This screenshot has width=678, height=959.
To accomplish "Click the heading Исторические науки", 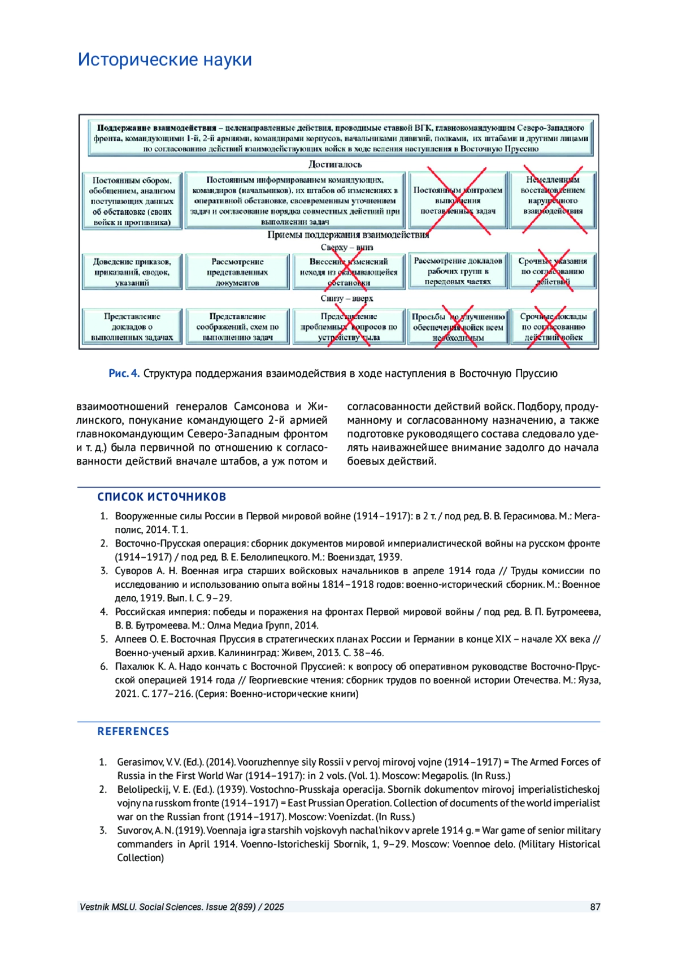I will point(164,59).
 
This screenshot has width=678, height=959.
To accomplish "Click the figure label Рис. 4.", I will point(124,374).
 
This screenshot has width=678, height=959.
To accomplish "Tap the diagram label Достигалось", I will point(334,164).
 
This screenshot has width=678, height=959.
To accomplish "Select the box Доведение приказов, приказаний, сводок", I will point(132,272).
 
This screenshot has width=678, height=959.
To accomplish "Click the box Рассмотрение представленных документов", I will point(237,272).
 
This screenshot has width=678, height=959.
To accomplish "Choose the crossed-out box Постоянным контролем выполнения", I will point(458,200).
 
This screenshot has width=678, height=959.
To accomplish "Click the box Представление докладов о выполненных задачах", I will point(132,327).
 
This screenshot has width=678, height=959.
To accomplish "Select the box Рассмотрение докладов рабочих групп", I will point(458,271).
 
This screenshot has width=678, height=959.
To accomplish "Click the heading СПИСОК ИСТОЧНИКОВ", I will point(162,497).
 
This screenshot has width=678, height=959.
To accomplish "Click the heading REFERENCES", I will point(133,731).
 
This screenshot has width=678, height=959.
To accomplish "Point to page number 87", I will point(595,907).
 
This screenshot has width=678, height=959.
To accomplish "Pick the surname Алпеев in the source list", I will point(131,639).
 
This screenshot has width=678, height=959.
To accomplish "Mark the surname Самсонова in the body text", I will point(262,406).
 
